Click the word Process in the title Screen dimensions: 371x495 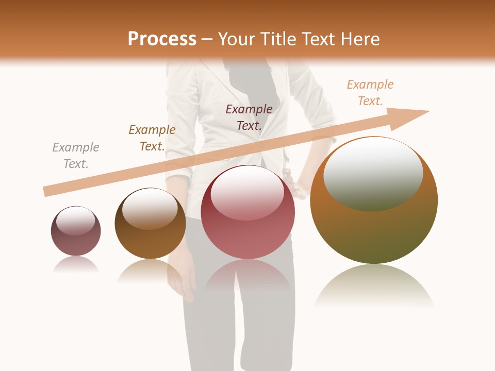(x=162, y=39)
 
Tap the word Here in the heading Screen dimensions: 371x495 (x=358, y=39)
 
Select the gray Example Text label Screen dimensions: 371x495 (x=76, y=156)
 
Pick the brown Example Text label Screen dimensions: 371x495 (x=152, y=138)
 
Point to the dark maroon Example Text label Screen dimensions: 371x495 (x=249, y=117)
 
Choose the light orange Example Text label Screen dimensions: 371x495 (x=370, y=93)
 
